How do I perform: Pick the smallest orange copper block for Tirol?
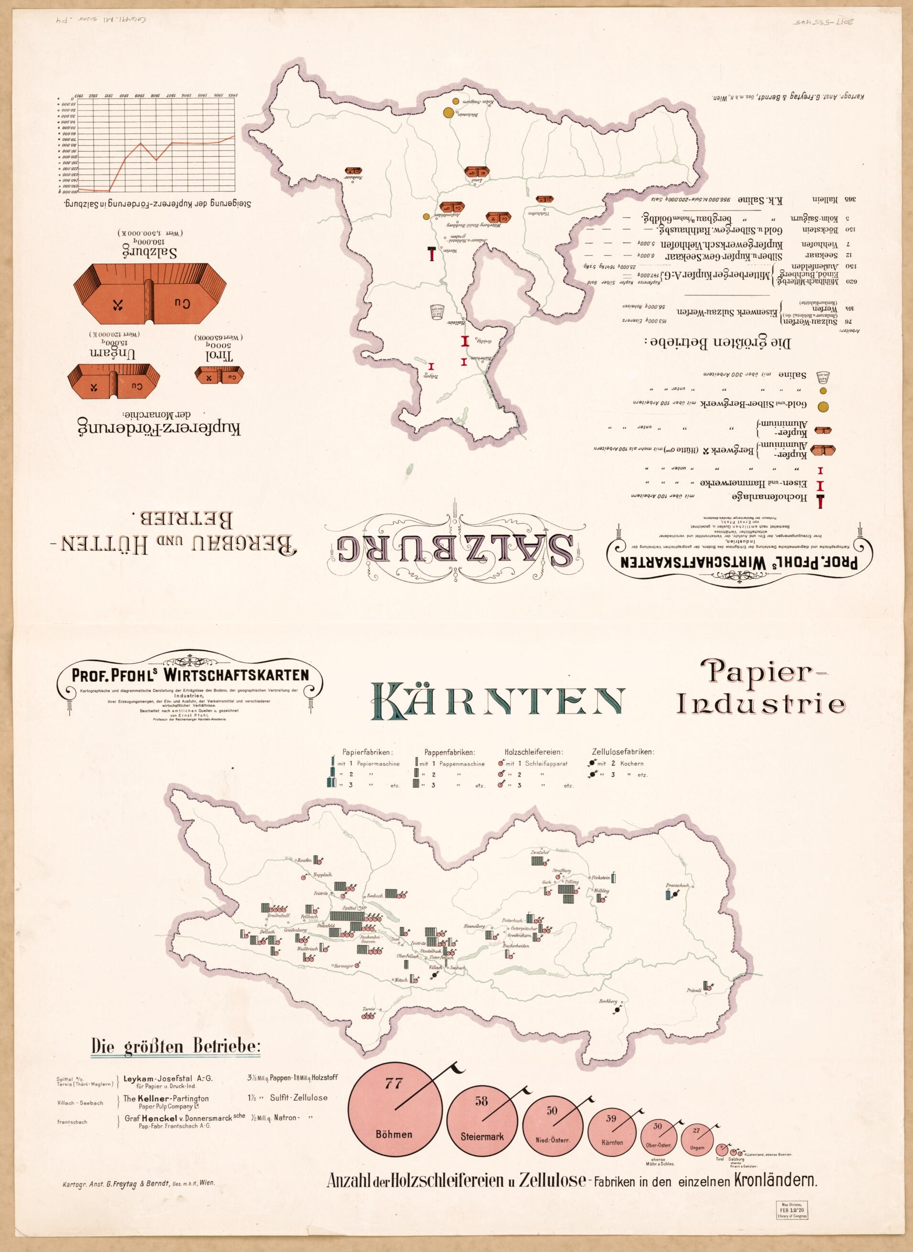point(220,377)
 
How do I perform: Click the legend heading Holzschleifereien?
point(533,752)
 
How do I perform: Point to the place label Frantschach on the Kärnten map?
point(678,886)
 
